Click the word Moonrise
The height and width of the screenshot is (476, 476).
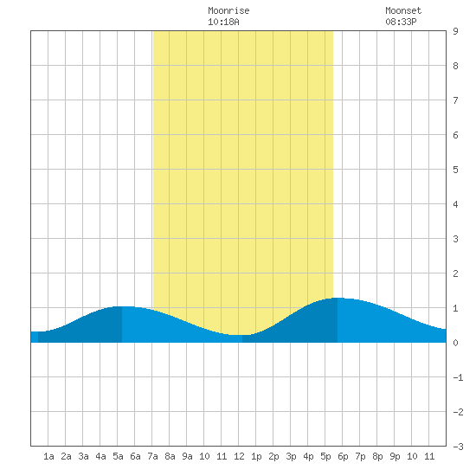pos(228,10)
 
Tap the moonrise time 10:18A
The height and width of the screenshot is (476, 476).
pos(223,22)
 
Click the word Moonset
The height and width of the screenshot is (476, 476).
pos(403,10)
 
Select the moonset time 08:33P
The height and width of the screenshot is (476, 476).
pos(401,22)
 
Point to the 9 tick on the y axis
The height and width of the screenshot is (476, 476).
pos(455,31)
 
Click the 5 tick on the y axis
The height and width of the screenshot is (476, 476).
pos(455,170)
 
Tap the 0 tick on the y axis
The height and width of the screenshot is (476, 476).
pos(455,343)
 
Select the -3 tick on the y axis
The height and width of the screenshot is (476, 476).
pos(458,447)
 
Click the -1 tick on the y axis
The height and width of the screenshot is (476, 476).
pos(458,377)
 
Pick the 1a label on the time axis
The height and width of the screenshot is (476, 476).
pos(48,456)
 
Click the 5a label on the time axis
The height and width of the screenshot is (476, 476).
pos(118,456)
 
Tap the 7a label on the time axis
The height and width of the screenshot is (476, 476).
pos(152,456)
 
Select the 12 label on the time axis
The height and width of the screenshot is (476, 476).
pos(239,456)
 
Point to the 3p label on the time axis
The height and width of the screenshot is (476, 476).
pos(291,456)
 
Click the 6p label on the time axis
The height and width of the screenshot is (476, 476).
pos(343,456)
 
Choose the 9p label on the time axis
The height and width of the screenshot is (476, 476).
pos(395,456)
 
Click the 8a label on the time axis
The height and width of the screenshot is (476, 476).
pos(170,456)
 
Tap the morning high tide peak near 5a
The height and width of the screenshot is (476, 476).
pos(122,306)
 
